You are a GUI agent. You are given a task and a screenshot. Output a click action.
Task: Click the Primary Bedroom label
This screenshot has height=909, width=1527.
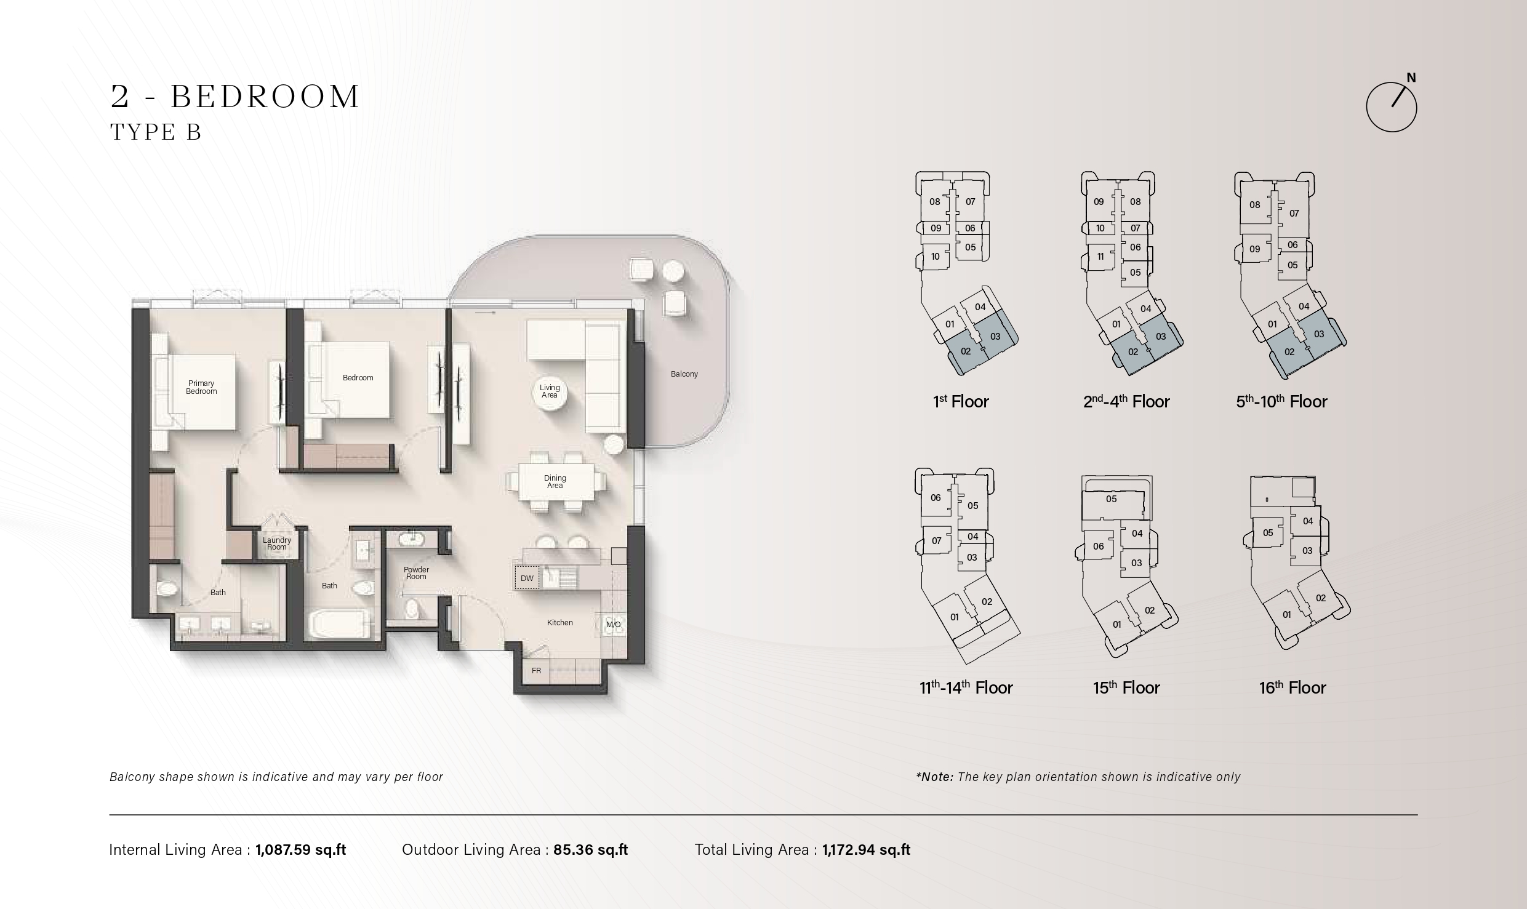click(x=201, y=387)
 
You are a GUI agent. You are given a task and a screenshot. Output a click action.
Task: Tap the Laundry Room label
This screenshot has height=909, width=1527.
click(x=277, y=543)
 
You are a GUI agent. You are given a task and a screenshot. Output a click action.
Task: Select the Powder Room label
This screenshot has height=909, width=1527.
click(x=416, y=573)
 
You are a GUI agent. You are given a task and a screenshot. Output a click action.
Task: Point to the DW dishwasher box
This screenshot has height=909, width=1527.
click(x=527, y=578)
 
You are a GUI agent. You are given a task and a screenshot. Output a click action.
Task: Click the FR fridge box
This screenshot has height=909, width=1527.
click(x=537, y=670)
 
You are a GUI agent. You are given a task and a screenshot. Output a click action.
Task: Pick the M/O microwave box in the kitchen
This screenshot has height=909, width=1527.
click(x=614, y=625)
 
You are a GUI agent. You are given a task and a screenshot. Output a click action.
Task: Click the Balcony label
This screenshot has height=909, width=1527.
click(x=684, y=374)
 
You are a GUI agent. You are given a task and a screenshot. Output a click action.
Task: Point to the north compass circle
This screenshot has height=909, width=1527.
click(x=1392, y=107)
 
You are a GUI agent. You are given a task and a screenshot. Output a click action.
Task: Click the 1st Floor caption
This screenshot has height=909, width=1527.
click(x=961, y=402)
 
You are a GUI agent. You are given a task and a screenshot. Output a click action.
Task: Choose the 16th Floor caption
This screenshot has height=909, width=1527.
click(x=1293, y=687)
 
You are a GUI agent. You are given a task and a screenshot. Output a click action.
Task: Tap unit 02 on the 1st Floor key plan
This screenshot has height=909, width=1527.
click(x=966, y=351)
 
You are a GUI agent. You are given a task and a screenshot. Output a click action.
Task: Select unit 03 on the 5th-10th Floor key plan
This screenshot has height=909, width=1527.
click(x=1319, y=334)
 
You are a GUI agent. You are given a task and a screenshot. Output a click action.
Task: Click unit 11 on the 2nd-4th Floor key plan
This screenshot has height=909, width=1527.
click(x=1100, y=257)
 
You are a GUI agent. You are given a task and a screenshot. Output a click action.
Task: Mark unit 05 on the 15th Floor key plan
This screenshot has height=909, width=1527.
click(x=1111, y=499)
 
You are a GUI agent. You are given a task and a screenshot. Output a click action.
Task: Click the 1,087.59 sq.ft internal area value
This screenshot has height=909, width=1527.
click(x=301, y=850)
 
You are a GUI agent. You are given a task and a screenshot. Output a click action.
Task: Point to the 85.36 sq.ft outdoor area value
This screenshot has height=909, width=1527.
click(x=591, y=850)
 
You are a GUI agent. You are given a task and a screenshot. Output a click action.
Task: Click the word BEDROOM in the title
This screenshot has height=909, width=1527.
click(x=265, y=97)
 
